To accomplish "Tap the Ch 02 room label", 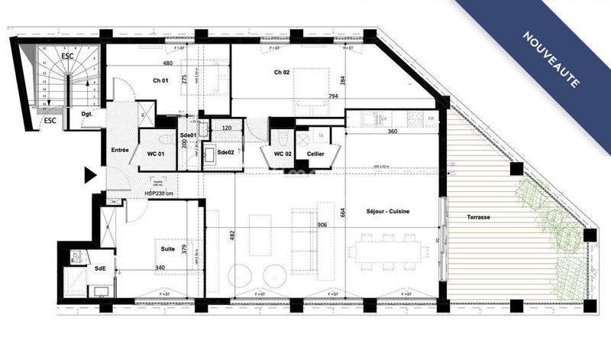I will tap(282, 73).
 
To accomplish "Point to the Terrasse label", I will tap(479, 218).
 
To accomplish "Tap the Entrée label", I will tap(120, 150).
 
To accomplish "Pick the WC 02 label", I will tap(283, 154).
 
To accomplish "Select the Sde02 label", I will tap(225, 152).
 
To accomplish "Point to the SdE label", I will tap(100, 269).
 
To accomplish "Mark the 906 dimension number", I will tap(322, 224).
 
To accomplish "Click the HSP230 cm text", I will tap(160, 193).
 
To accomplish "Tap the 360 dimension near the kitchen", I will tap(393, 131).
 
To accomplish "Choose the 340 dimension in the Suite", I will tap(160, 267).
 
